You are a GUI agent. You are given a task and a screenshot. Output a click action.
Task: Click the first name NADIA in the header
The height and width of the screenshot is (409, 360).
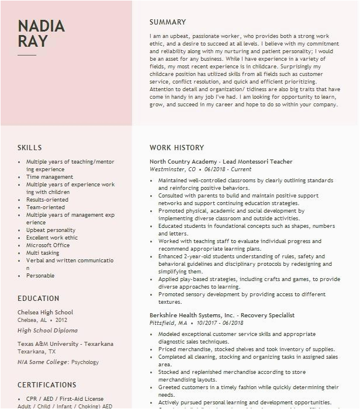[x=41, y=26]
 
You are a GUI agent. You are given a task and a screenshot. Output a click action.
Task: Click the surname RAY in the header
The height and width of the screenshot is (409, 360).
[x=33, y=41]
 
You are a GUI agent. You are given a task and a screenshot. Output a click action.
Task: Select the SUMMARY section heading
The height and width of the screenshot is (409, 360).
[x=168, y=22]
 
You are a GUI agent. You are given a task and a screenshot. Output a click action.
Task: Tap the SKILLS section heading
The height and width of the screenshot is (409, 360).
[x=30, y=148]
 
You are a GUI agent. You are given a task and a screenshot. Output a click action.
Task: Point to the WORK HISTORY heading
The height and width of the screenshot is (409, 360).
[x=176, y=148]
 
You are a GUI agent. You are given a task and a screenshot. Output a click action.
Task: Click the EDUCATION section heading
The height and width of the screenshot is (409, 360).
[x=39, y=299]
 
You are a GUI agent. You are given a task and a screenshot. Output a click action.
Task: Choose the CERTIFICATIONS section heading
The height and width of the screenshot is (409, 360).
[x=47, y=385]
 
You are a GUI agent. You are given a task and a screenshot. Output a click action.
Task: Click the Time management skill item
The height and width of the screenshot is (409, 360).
[x=50, y=177]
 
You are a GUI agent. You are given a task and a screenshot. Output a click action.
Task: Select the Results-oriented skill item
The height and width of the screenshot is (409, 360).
[x=47, y=200]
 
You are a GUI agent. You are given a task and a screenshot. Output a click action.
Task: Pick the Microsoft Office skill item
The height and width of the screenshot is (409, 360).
[x=48, y=245]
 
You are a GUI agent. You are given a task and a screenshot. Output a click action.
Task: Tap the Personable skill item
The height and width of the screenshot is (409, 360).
[x=40, y=276]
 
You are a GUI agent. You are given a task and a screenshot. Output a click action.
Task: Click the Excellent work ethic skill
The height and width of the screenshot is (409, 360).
[x=52, y=238]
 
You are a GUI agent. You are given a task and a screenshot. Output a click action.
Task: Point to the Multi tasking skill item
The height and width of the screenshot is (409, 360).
[x=43, y=253]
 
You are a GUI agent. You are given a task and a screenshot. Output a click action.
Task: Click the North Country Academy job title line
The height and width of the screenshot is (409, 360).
[x=221, y=162]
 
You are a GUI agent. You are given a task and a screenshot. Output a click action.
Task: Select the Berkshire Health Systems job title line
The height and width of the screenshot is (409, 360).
[x=222, y=316]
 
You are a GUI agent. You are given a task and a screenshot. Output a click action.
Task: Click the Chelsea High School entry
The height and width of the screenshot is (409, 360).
[x=46, y=313]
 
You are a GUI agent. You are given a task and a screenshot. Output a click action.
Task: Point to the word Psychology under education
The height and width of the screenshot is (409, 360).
[x=85, y=362]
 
